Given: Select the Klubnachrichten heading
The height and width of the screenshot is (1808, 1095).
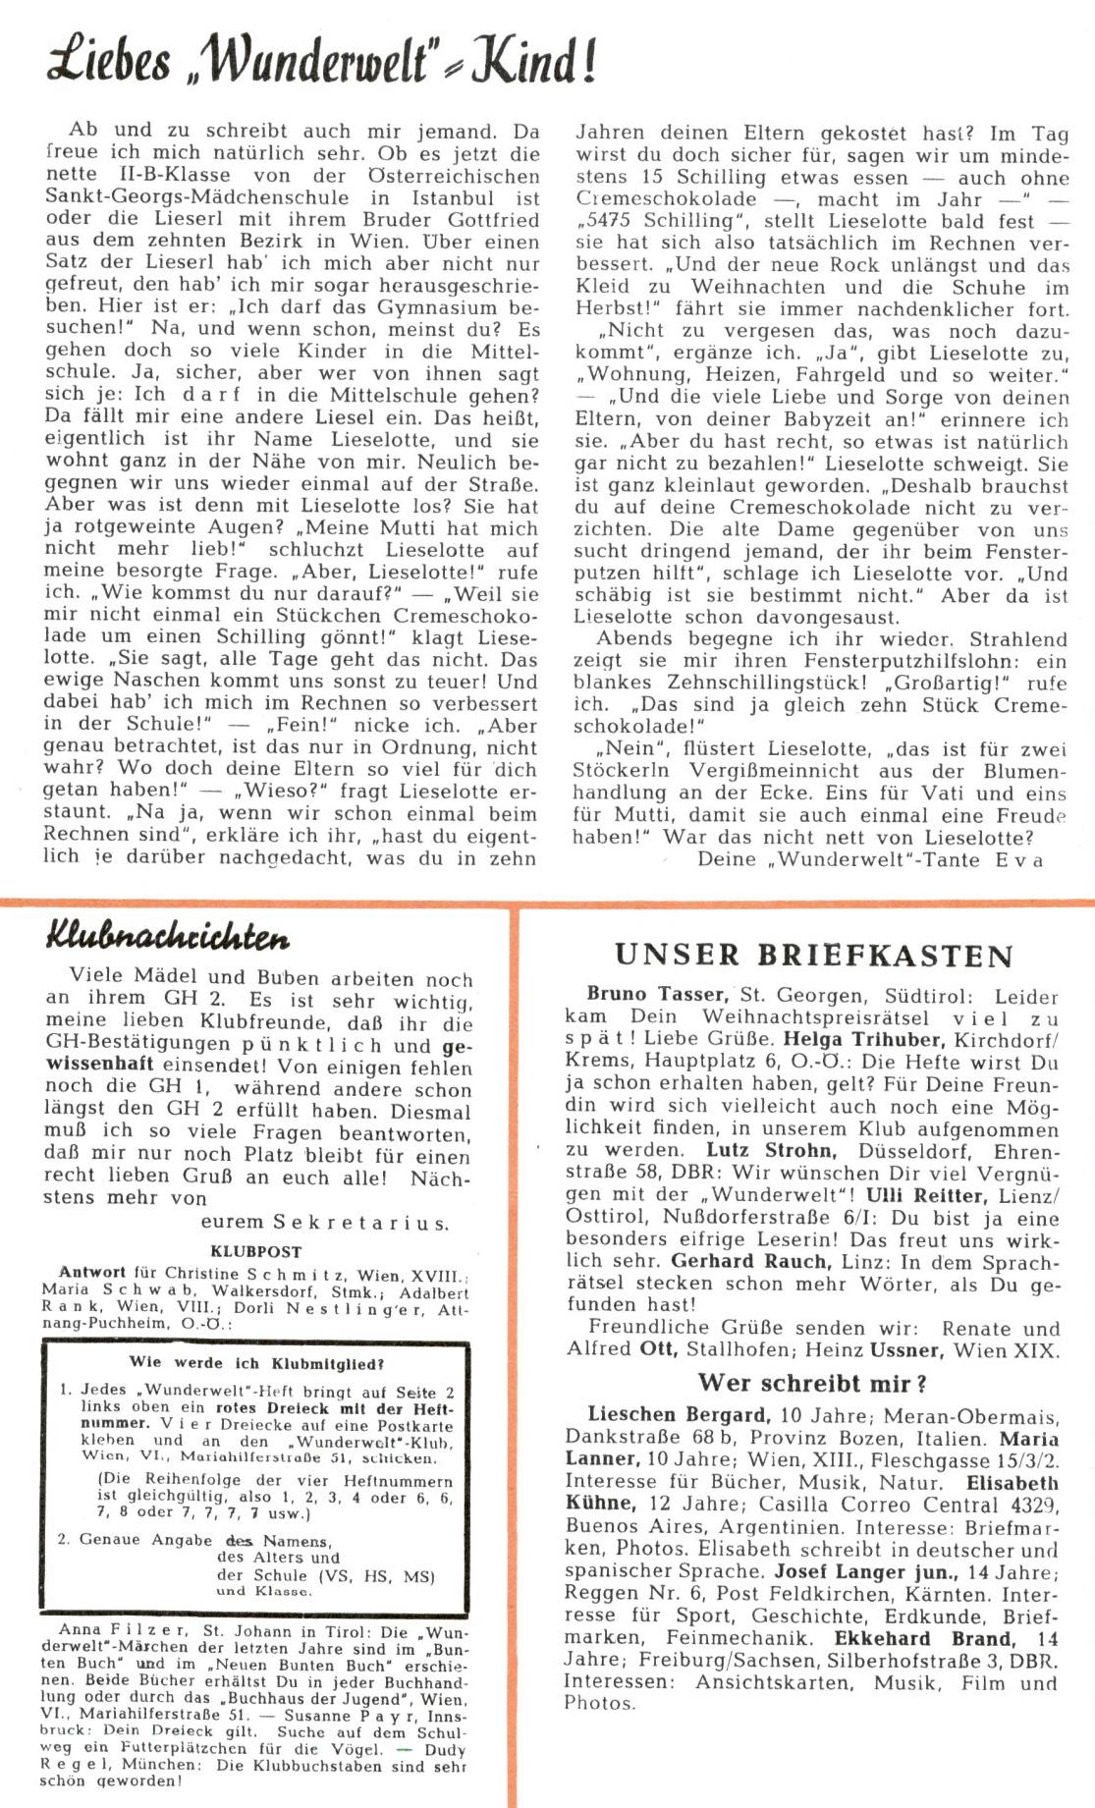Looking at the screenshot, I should point(167,937).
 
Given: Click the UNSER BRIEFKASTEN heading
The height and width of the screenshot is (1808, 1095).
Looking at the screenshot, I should point(814,956).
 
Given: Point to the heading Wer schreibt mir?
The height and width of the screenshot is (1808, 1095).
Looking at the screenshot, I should point(812,1383).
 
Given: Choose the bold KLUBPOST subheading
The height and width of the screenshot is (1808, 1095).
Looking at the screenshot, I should point(255,1252).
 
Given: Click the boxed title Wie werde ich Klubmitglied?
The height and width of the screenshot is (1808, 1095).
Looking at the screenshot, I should point(256,1363).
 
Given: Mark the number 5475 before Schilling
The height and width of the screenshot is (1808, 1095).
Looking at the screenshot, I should point(606,221).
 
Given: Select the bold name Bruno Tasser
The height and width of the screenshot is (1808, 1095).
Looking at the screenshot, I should point(657,994).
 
